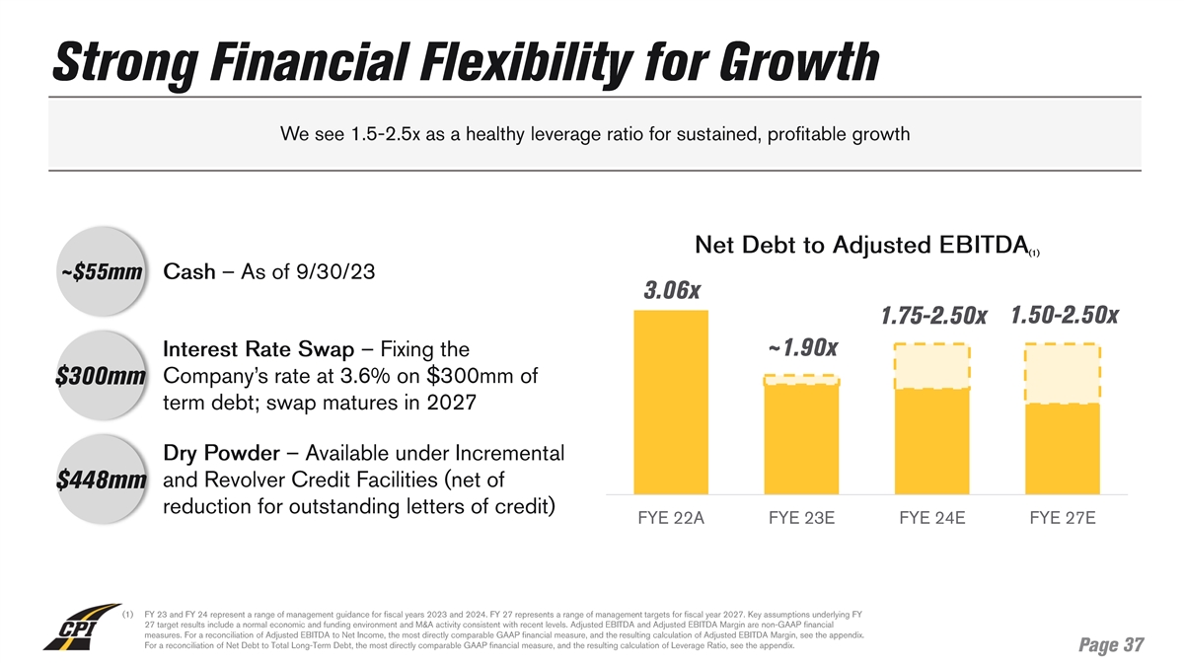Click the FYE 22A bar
(671, 402)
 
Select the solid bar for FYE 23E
(801, 439)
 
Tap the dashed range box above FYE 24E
(931, 366)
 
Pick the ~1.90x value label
(802, 348)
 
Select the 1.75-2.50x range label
(933, 316)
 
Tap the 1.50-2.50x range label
(1065, 315)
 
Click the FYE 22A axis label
(671, 519)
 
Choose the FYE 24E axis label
(931, 519)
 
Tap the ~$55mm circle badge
(99, 271)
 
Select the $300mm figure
(101, 378)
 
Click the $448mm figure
(101, 481)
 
